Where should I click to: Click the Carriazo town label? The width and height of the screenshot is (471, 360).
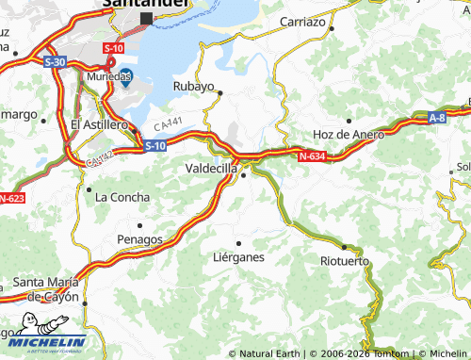[301, 20]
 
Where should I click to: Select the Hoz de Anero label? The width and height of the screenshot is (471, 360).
[349, 134]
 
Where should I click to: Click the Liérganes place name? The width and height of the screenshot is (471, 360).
[238, 256]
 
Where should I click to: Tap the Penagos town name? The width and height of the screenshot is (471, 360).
[138, 238]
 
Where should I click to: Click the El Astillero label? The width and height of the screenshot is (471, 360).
[99, 124]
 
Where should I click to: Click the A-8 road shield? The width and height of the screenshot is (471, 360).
[436, 118]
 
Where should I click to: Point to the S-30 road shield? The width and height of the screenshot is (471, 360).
[54, 61]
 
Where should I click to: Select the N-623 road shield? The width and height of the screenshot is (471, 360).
[10, 198]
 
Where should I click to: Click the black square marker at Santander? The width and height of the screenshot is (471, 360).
[145, 18]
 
